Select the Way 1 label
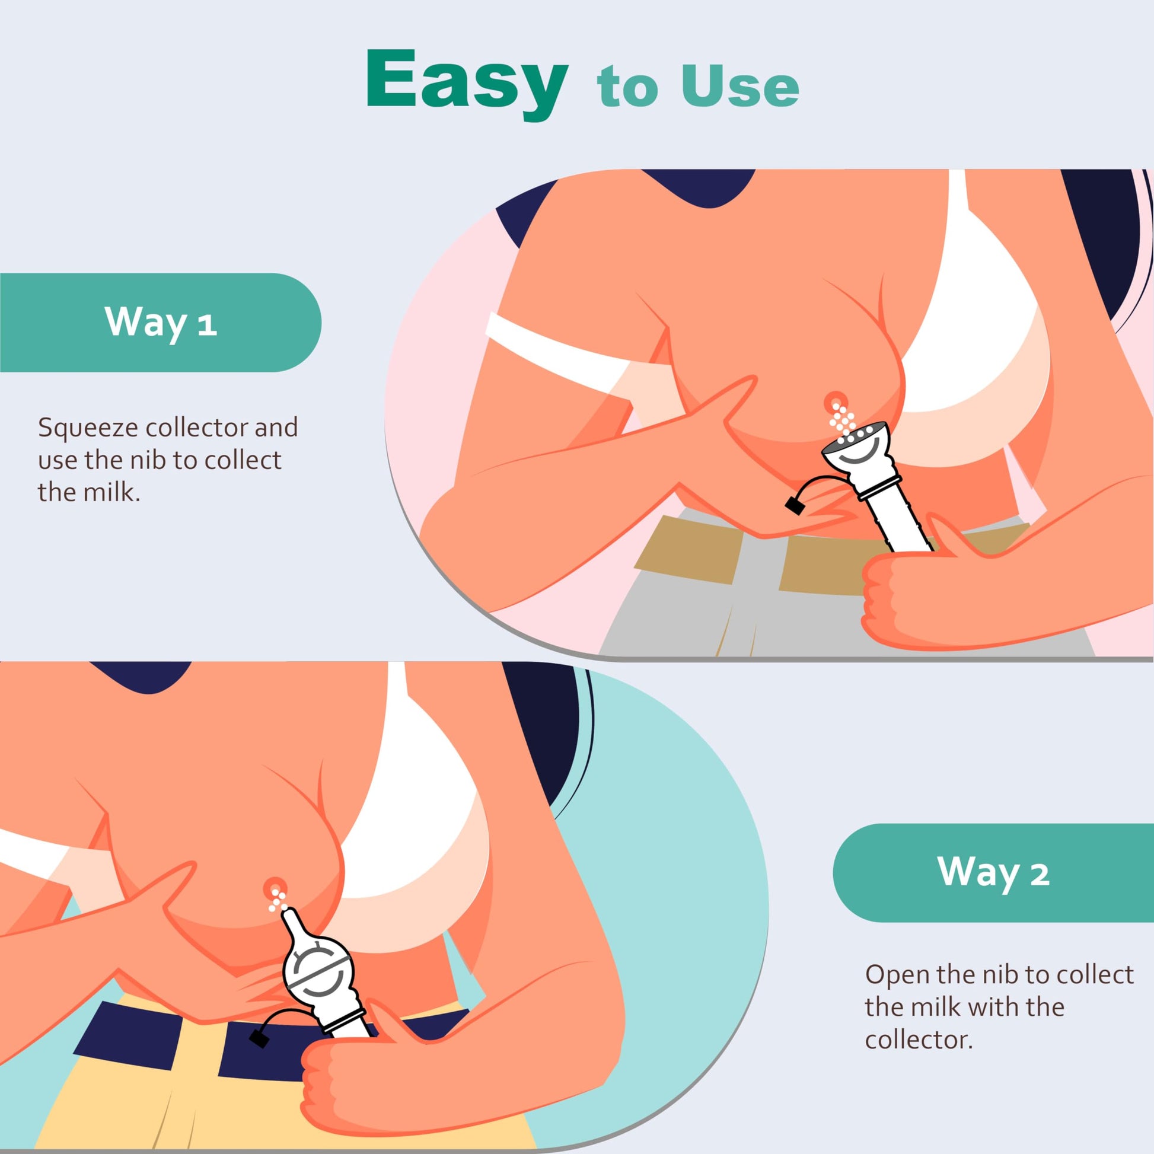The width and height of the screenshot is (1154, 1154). pos(160,323)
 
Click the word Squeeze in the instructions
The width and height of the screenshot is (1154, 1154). pos(87,428)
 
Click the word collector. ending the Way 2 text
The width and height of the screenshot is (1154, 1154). pos(919,1040)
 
